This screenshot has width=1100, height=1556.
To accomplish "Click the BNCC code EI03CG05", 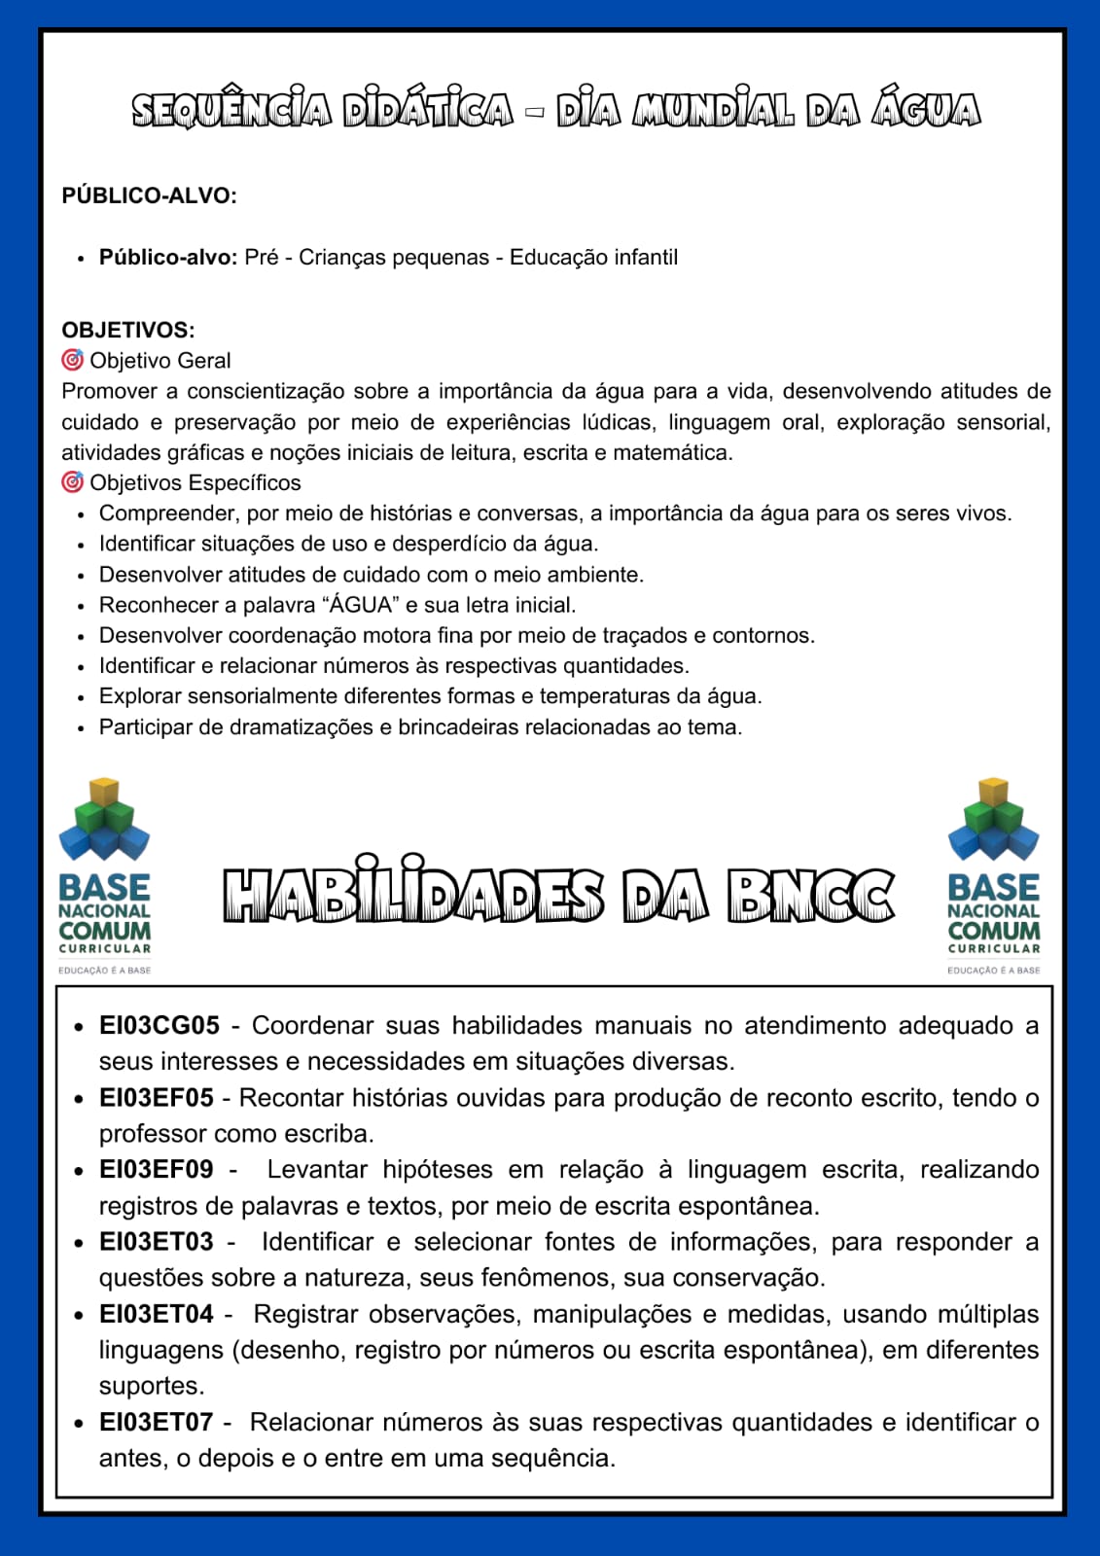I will point(160,1026).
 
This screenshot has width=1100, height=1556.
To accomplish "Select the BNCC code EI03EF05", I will point(156,1098).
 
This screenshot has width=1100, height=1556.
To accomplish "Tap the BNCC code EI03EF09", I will point(156,1170).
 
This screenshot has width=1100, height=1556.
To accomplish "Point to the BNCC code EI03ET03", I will point(156,1242).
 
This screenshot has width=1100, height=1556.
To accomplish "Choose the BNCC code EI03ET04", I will point(156,1314).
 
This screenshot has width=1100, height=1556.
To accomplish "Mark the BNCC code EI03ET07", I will point(156,1423).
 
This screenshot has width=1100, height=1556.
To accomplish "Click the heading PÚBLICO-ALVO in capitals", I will point(149,195).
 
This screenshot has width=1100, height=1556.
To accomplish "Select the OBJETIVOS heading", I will point(127,330).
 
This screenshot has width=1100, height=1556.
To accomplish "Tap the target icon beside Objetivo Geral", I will point(72,360).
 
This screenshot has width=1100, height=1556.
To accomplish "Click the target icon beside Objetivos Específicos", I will point(72,482).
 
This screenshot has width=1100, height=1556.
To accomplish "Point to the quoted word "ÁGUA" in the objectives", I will point(361,605).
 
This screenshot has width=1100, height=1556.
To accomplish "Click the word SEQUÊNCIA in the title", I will point(231,110).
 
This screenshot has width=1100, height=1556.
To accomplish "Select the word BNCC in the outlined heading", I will point(810,895).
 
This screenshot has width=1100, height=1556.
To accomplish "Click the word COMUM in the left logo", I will point(104,931).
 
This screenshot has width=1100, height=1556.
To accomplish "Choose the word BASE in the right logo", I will point(993,887).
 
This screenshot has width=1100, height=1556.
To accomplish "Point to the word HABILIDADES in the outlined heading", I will point(413,895).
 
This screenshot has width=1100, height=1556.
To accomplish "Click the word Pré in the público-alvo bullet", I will point(261,258).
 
